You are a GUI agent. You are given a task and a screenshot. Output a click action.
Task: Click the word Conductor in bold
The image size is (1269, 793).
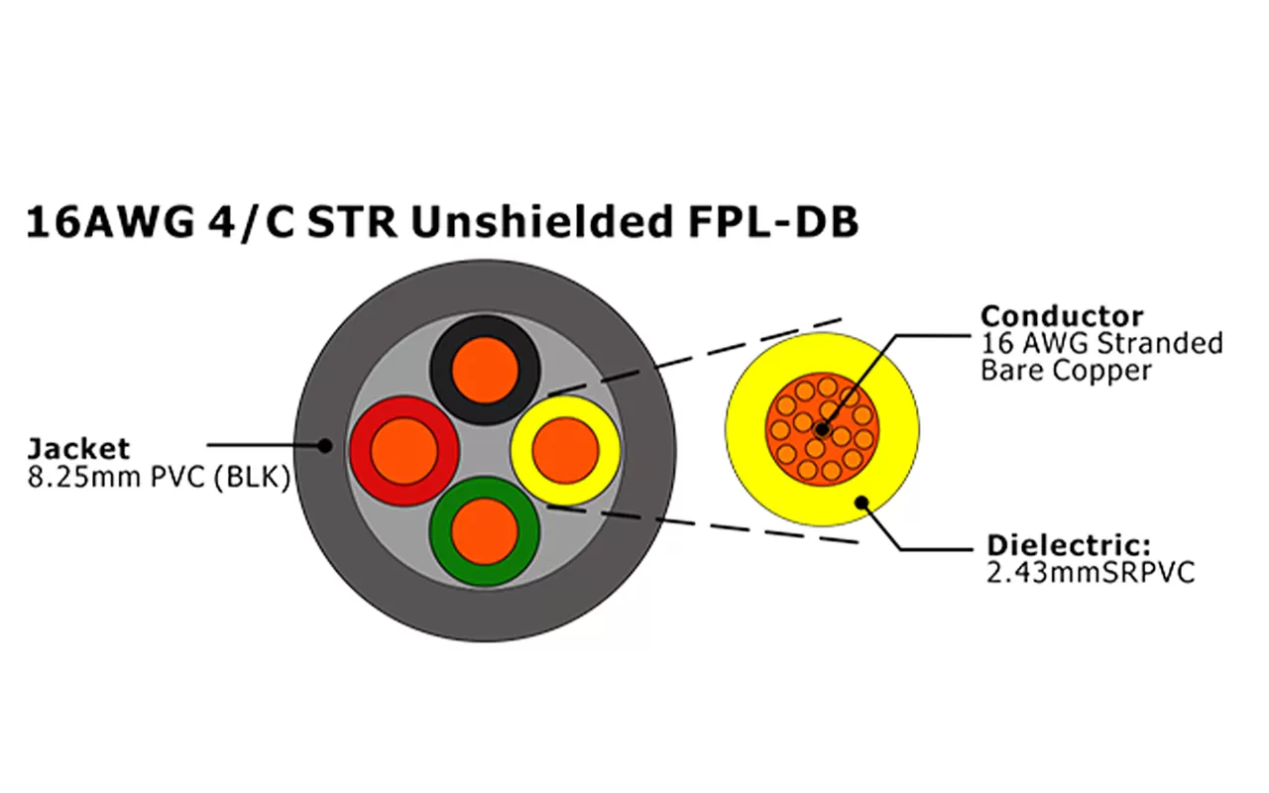[1061, 316]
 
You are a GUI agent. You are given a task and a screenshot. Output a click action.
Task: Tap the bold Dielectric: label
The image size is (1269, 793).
[1068, 546]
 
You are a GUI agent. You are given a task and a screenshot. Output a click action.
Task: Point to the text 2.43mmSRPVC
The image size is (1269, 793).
[1090, 573]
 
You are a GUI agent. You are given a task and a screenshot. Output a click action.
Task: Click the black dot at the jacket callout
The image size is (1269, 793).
[324, 446]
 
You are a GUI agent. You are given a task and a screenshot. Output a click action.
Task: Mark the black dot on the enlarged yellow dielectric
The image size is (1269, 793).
[865, 502]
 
